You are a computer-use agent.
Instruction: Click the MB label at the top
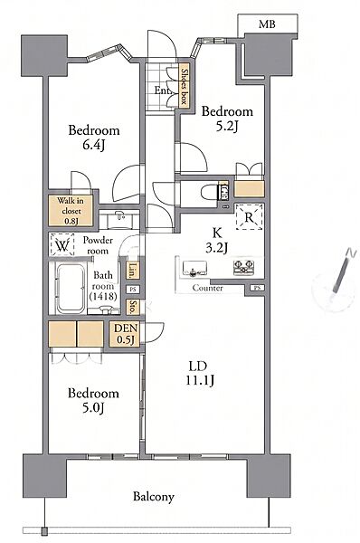click(x=267, y=24)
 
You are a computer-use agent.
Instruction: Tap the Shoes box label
click(x=185, y=86)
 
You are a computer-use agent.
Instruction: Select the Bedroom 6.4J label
click(x=94, y=138)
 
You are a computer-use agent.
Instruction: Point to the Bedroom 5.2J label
click(x=227, y=119)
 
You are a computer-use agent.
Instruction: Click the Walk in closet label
click(x=71, y=211)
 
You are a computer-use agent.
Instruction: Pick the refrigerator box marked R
click(x=249, y=217)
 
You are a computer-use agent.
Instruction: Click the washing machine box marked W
click(x=62, y=244)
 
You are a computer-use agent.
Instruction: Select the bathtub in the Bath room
click(x=71, y=289)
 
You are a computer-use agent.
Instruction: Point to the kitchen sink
click(x=194, y=269)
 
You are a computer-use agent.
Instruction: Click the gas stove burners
click(x=243, y=267)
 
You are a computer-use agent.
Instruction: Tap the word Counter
click(x=208, y=288)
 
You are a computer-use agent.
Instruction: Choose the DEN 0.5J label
click(x=126, y=334)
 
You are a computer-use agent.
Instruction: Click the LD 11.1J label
click(x=200, y=373)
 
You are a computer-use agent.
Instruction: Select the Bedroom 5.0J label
click(x=93, y=400)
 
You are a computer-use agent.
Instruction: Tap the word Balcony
click(x=154, y=497)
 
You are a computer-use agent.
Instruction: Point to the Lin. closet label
click(x=132, y=270)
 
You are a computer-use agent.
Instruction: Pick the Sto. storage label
click(x=132, y=307)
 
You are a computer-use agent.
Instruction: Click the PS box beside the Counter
click(x=257, y=288)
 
